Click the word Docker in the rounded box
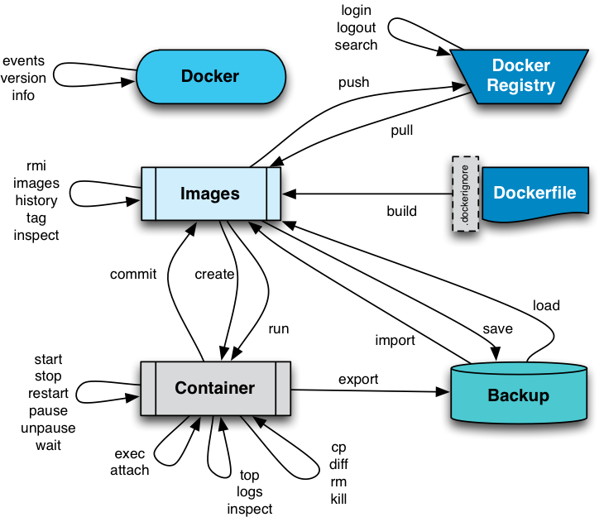(210, 76)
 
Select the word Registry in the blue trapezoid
(520, 86)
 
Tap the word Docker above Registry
(520, 65)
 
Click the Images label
(210, 194)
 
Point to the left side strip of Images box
(149, 194)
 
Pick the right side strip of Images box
(273, 194)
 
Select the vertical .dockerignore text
(466, 194)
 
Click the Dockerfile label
(534, 193)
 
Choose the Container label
(214, 388)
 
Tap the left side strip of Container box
(148, 388)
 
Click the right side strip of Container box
(283, 388)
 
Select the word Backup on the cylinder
(518, 395)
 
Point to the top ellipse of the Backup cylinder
(519, 369)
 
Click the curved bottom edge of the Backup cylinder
(519, 421)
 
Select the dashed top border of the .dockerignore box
(466, 158)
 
